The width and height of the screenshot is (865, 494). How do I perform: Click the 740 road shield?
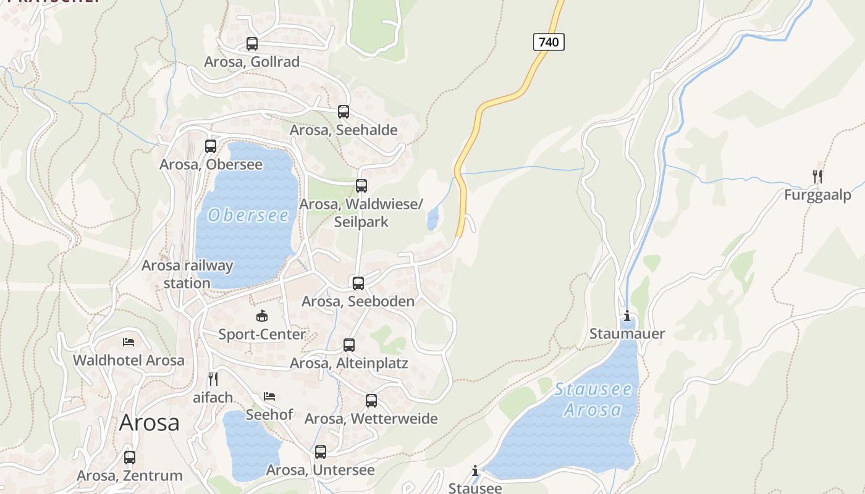[549, 42]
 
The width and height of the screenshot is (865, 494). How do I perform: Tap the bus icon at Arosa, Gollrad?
[252, 44]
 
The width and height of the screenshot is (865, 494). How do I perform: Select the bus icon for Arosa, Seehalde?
[344, 112]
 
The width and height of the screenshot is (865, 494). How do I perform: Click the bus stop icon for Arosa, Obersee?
[211, 146]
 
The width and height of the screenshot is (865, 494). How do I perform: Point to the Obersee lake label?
[248, 215]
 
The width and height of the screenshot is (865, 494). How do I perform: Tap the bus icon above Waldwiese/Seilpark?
[361, 186]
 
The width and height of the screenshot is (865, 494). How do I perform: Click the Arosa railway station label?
[187, 274]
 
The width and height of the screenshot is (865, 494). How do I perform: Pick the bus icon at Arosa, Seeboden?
[358, 283]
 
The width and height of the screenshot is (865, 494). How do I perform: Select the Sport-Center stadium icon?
[262, 316]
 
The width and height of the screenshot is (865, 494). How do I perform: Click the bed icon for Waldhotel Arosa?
[129, 341]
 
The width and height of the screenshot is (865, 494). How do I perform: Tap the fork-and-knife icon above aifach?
[213, 379]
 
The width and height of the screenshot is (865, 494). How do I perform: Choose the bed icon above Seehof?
[269, 396]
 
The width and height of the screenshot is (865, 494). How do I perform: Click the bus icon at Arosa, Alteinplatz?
[349, 345]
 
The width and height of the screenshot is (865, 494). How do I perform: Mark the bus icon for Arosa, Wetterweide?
[371, 401]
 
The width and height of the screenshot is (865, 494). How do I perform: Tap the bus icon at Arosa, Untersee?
[321, 452]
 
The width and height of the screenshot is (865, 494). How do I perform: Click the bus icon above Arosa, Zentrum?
[130, 458]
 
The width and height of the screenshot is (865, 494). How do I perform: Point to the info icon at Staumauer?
[627, 316]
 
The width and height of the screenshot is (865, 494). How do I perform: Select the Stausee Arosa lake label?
[593, 399]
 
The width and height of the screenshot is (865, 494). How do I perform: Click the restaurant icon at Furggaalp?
[817, 177]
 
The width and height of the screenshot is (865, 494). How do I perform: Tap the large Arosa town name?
[150, 422]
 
